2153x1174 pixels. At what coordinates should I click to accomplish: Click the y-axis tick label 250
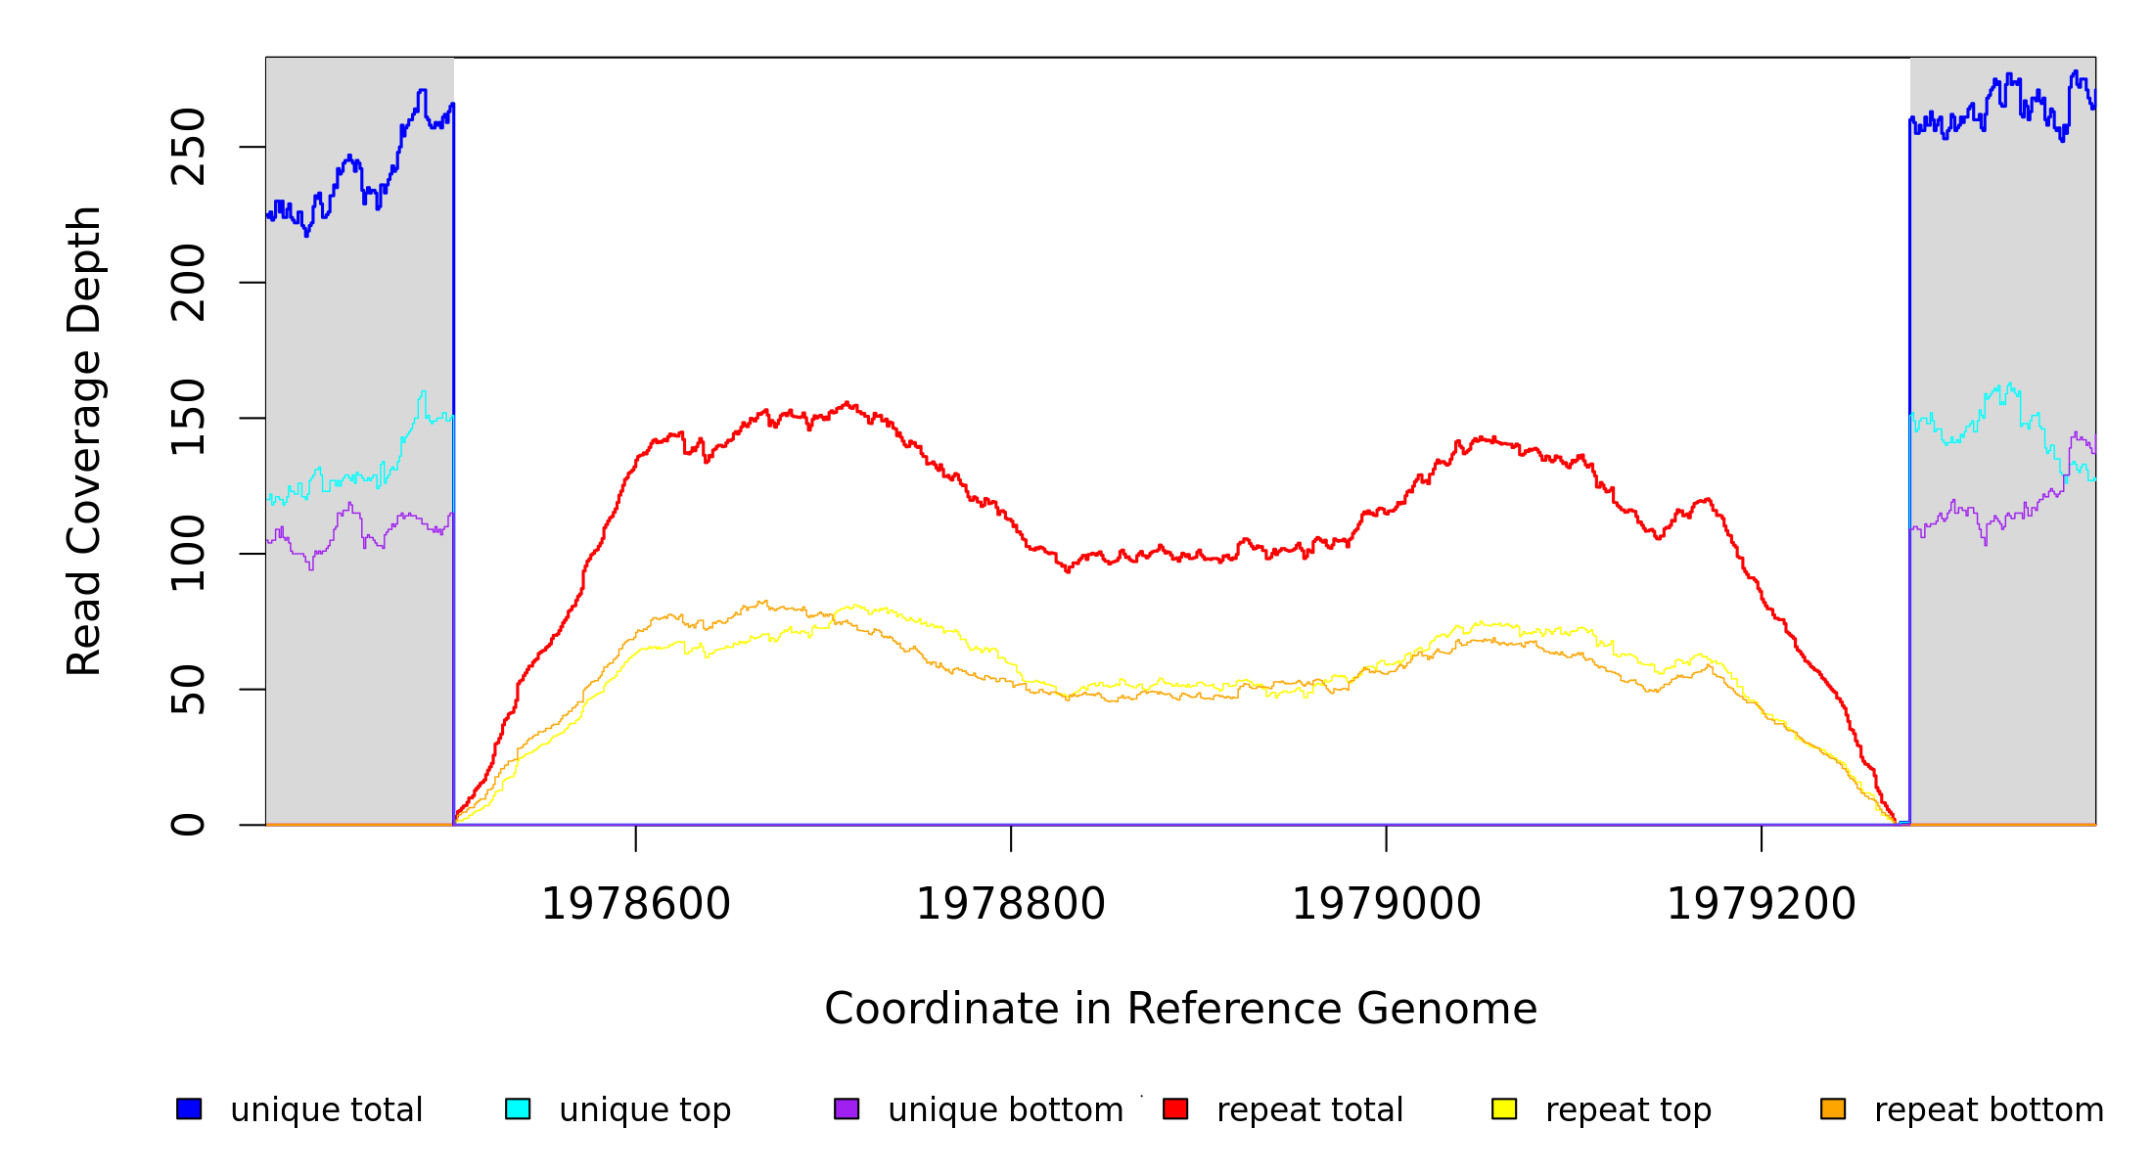tap(188, 147)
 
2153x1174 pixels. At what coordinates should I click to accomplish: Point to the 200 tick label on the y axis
tap(188, 283)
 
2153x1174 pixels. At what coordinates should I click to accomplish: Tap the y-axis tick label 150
tap(188, 418)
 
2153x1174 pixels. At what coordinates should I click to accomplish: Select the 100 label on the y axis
tap(188, 554)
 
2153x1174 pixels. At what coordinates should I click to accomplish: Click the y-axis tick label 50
tap(188, 690)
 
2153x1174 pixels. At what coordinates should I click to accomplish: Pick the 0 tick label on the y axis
tap(188, 825)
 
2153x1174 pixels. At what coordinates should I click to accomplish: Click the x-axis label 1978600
tap(636, 905)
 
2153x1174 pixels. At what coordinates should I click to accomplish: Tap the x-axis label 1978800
tap(1011, 905)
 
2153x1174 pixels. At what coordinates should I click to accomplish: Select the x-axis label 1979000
tap(1387, 905)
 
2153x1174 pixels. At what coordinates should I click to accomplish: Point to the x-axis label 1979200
tap(1762, 905)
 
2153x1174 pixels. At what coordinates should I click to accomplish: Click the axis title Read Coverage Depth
tap(84, 440)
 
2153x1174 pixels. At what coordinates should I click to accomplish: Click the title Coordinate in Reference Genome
tap(1180, 1010)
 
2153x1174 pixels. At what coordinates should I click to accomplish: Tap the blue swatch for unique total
tap(189, 1108)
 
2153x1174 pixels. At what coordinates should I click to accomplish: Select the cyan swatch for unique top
tap(518, 1108)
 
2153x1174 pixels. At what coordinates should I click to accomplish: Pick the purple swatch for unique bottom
tap(847, 1108)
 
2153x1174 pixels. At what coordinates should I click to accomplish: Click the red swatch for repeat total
tap(1175, 1108)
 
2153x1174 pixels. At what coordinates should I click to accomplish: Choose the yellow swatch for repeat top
tap(1504, 1108)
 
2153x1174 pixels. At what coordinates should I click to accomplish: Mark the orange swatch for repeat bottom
tap(1833, 1108)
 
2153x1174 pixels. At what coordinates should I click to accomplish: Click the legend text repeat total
tap(1309, 1110)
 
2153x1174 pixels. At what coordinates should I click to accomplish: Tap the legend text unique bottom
tap(1005, 1110)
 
